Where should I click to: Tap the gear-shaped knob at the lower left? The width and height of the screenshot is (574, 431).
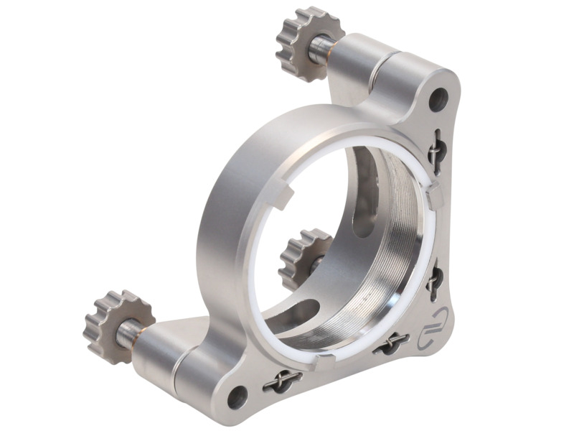[x=111, y=325]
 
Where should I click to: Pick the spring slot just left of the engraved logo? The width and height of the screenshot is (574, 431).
[x=391, y=345]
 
